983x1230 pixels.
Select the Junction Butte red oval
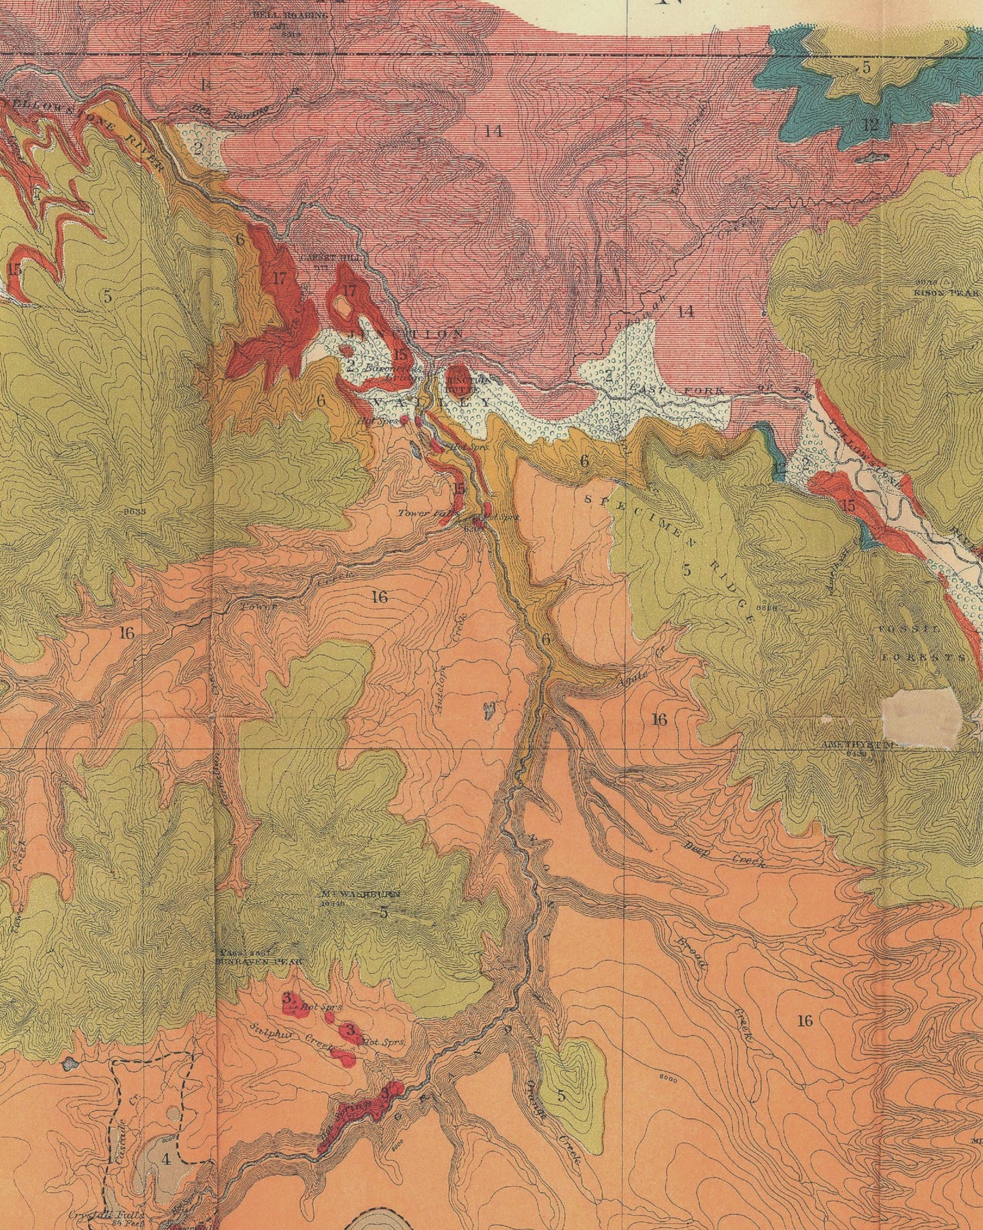coord(455,381)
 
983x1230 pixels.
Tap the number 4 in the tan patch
coord(165,1159)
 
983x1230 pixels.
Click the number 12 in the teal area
coord(871,125)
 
